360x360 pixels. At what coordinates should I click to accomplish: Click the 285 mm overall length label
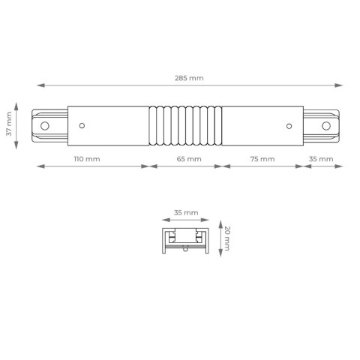click(x=189, y=78)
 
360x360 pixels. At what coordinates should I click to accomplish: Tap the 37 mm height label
click(x=9, y=124)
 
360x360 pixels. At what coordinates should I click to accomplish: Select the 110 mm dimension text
click(x=87, y=159)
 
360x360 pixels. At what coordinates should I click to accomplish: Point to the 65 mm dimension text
click(x=189, y=159)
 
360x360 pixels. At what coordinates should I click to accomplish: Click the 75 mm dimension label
click(x=262, y=159)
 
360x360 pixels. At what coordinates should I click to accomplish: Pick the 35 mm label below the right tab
click(x=321, y=159)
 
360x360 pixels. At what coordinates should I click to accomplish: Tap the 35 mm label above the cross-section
click(x=186, y=213)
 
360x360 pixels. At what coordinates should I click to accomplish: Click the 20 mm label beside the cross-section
click(x=227, y=238)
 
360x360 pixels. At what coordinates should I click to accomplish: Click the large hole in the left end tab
click(x=45, y=126)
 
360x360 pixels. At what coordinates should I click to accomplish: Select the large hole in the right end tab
click(x=326, y=126)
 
